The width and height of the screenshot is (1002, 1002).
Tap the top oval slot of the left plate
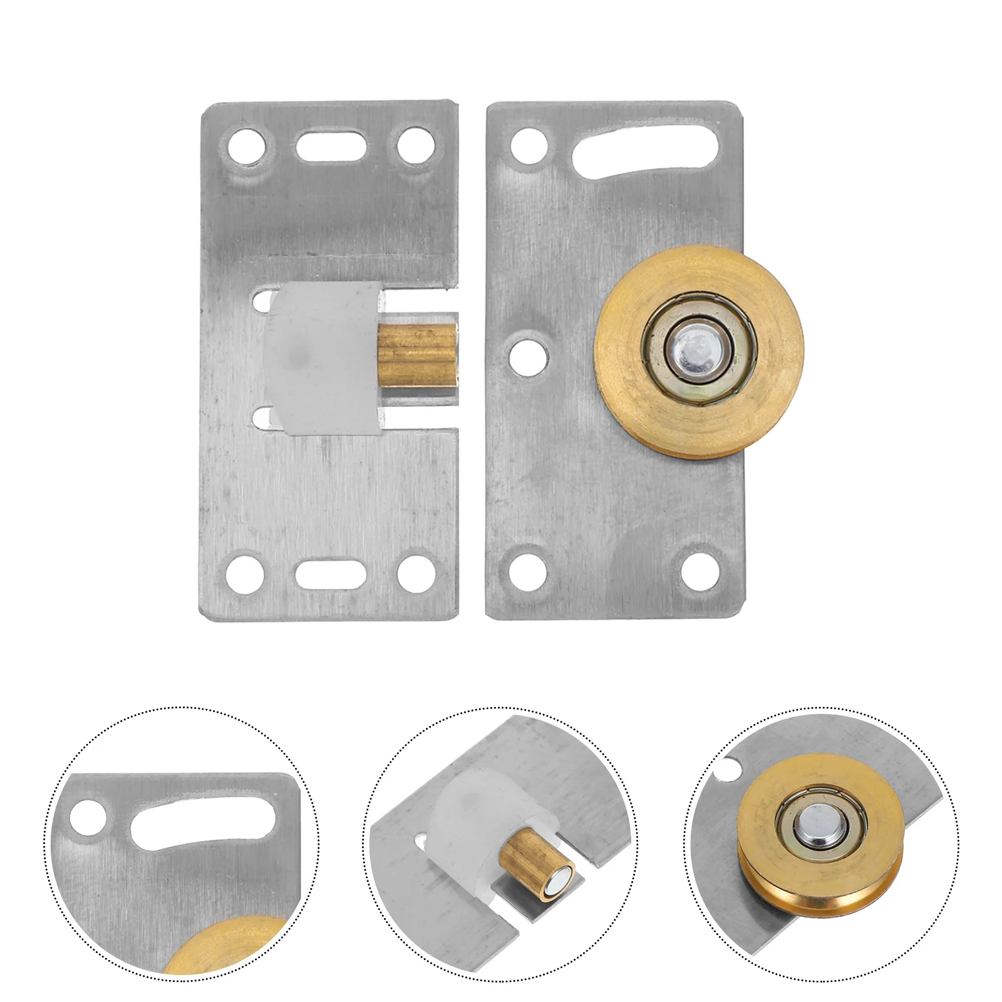click(331, 145)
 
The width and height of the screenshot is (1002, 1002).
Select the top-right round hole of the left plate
click(416, 145)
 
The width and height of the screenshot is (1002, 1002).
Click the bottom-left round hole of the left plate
click(244, 571)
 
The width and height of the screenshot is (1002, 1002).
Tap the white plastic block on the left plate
click(319, 357)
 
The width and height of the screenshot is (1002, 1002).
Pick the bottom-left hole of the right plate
click(528, 571)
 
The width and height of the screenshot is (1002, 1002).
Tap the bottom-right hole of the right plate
click(700, 571)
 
